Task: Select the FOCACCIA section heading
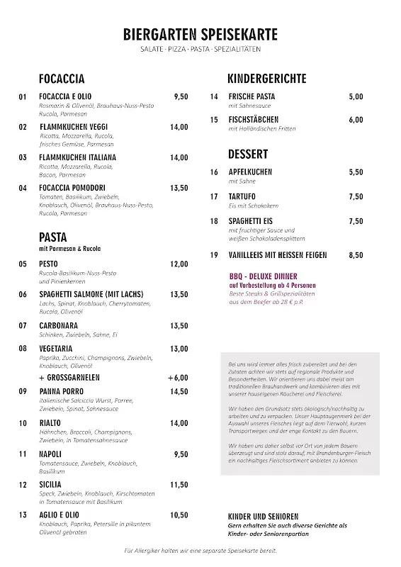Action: coord(62,79)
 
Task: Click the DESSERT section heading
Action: coord(248,154)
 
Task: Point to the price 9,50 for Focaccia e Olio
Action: coord(181,96)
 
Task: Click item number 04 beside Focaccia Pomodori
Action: coord(23,188)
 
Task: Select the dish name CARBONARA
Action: coord(60,325)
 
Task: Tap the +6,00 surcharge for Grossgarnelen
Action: coord(178,378)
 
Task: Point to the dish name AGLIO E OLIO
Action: coord(60,515)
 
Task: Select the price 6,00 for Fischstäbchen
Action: coord(356,120)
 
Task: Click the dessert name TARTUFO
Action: coord(242,196)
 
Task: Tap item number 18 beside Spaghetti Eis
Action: coord(214,221)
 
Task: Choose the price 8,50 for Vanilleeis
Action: coord(356,254)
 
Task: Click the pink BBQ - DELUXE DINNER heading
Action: coord(264,276)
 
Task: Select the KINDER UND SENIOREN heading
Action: coord(263,516)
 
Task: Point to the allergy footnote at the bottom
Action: coord(200,551)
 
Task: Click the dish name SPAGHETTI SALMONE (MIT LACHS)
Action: coord(91,294)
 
